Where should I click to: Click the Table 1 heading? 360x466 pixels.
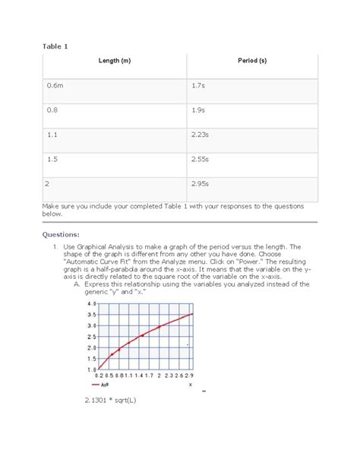(x=54, y=46)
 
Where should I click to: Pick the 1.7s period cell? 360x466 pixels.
(x=198, y=87)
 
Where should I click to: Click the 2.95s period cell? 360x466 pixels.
(x=201, y=183)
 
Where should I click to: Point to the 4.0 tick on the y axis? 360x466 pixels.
(x=91, y=303)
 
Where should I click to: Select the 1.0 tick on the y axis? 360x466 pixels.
(x=91, y=369)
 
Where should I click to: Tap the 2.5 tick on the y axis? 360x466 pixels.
(x=91, y=336)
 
